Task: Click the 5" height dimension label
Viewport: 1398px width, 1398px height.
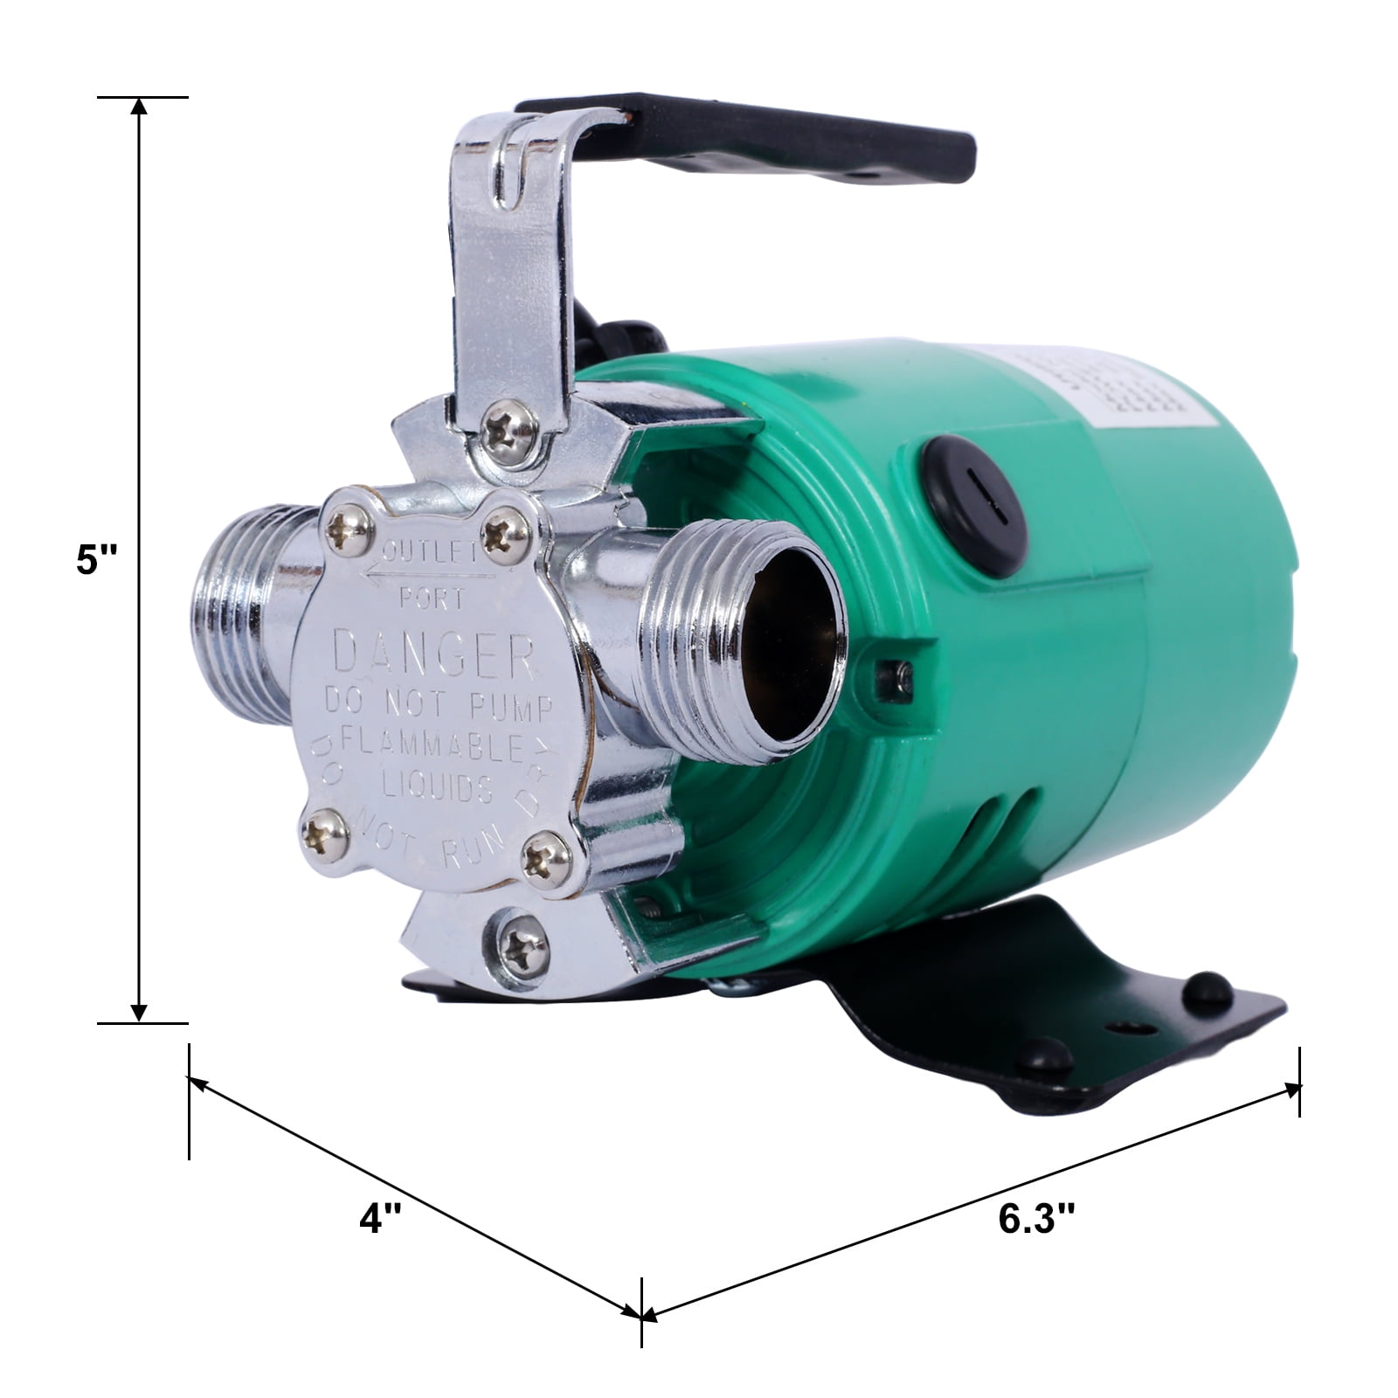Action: coord(94,559)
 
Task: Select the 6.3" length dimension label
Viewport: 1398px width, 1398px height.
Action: coord(1036,1218)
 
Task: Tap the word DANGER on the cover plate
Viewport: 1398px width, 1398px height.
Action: coord(434,656)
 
